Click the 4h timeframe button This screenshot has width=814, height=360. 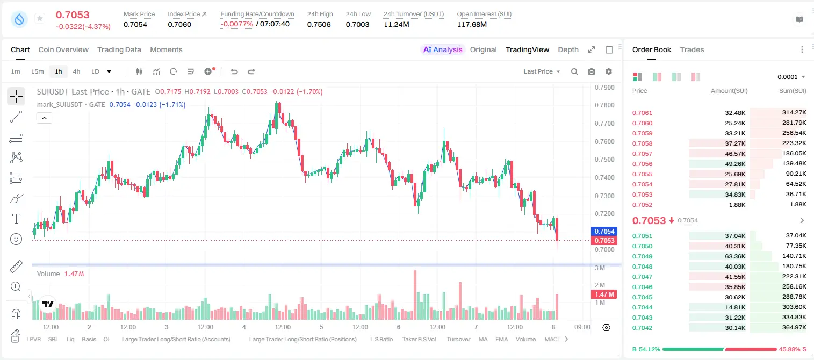76,71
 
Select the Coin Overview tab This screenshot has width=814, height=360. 63,49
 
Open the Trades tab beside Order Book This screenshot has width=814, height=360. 691,49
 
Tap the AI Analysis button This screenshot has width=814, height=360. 443,49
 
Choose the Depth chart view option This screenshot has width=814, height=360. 568,49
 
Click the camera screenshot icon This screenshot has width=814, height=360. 591,71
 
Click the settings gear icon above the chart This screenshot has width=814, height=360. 609,71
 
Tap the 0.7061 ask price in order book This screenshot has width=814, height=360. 642,113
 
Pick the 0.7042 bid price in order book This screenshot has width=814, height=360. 642,328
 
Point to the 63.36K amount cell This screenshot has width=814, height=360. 735,256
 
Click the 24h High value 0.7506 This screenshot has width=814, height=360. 319,24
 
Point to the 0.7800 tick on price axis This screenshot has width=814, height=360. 604,105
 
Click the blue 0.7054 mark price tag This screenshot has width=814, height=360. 604,232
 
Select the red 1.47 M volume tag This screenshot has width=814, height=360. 604,294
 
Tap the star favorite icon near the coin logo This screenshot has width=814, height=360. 40,18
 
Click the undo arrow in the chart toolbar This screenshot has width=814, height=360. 234,71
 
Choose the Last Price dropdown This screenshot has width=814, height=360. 542,71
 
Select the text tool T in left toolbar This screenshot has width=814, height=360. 16,219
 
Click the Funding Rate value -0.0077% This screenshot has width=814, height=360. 236,24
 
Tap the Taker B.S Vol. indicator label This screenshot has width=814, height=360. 419,339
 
